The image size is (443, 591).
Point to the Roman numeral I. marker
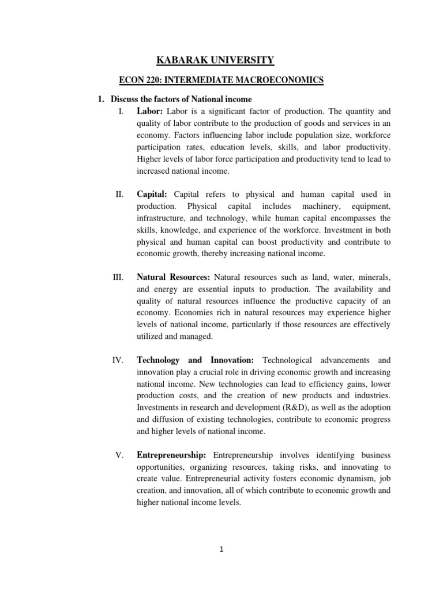(119, 111)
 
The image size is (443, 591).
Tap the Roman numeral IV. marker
(118, 360)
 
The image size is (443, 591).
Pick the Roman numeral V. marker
(119, 455)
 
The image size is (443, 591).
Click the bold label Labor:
(150, 111)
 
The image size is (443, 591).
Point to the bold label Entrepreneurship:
(175, 455)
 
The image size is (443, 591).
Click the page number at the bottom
(222, 550)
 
